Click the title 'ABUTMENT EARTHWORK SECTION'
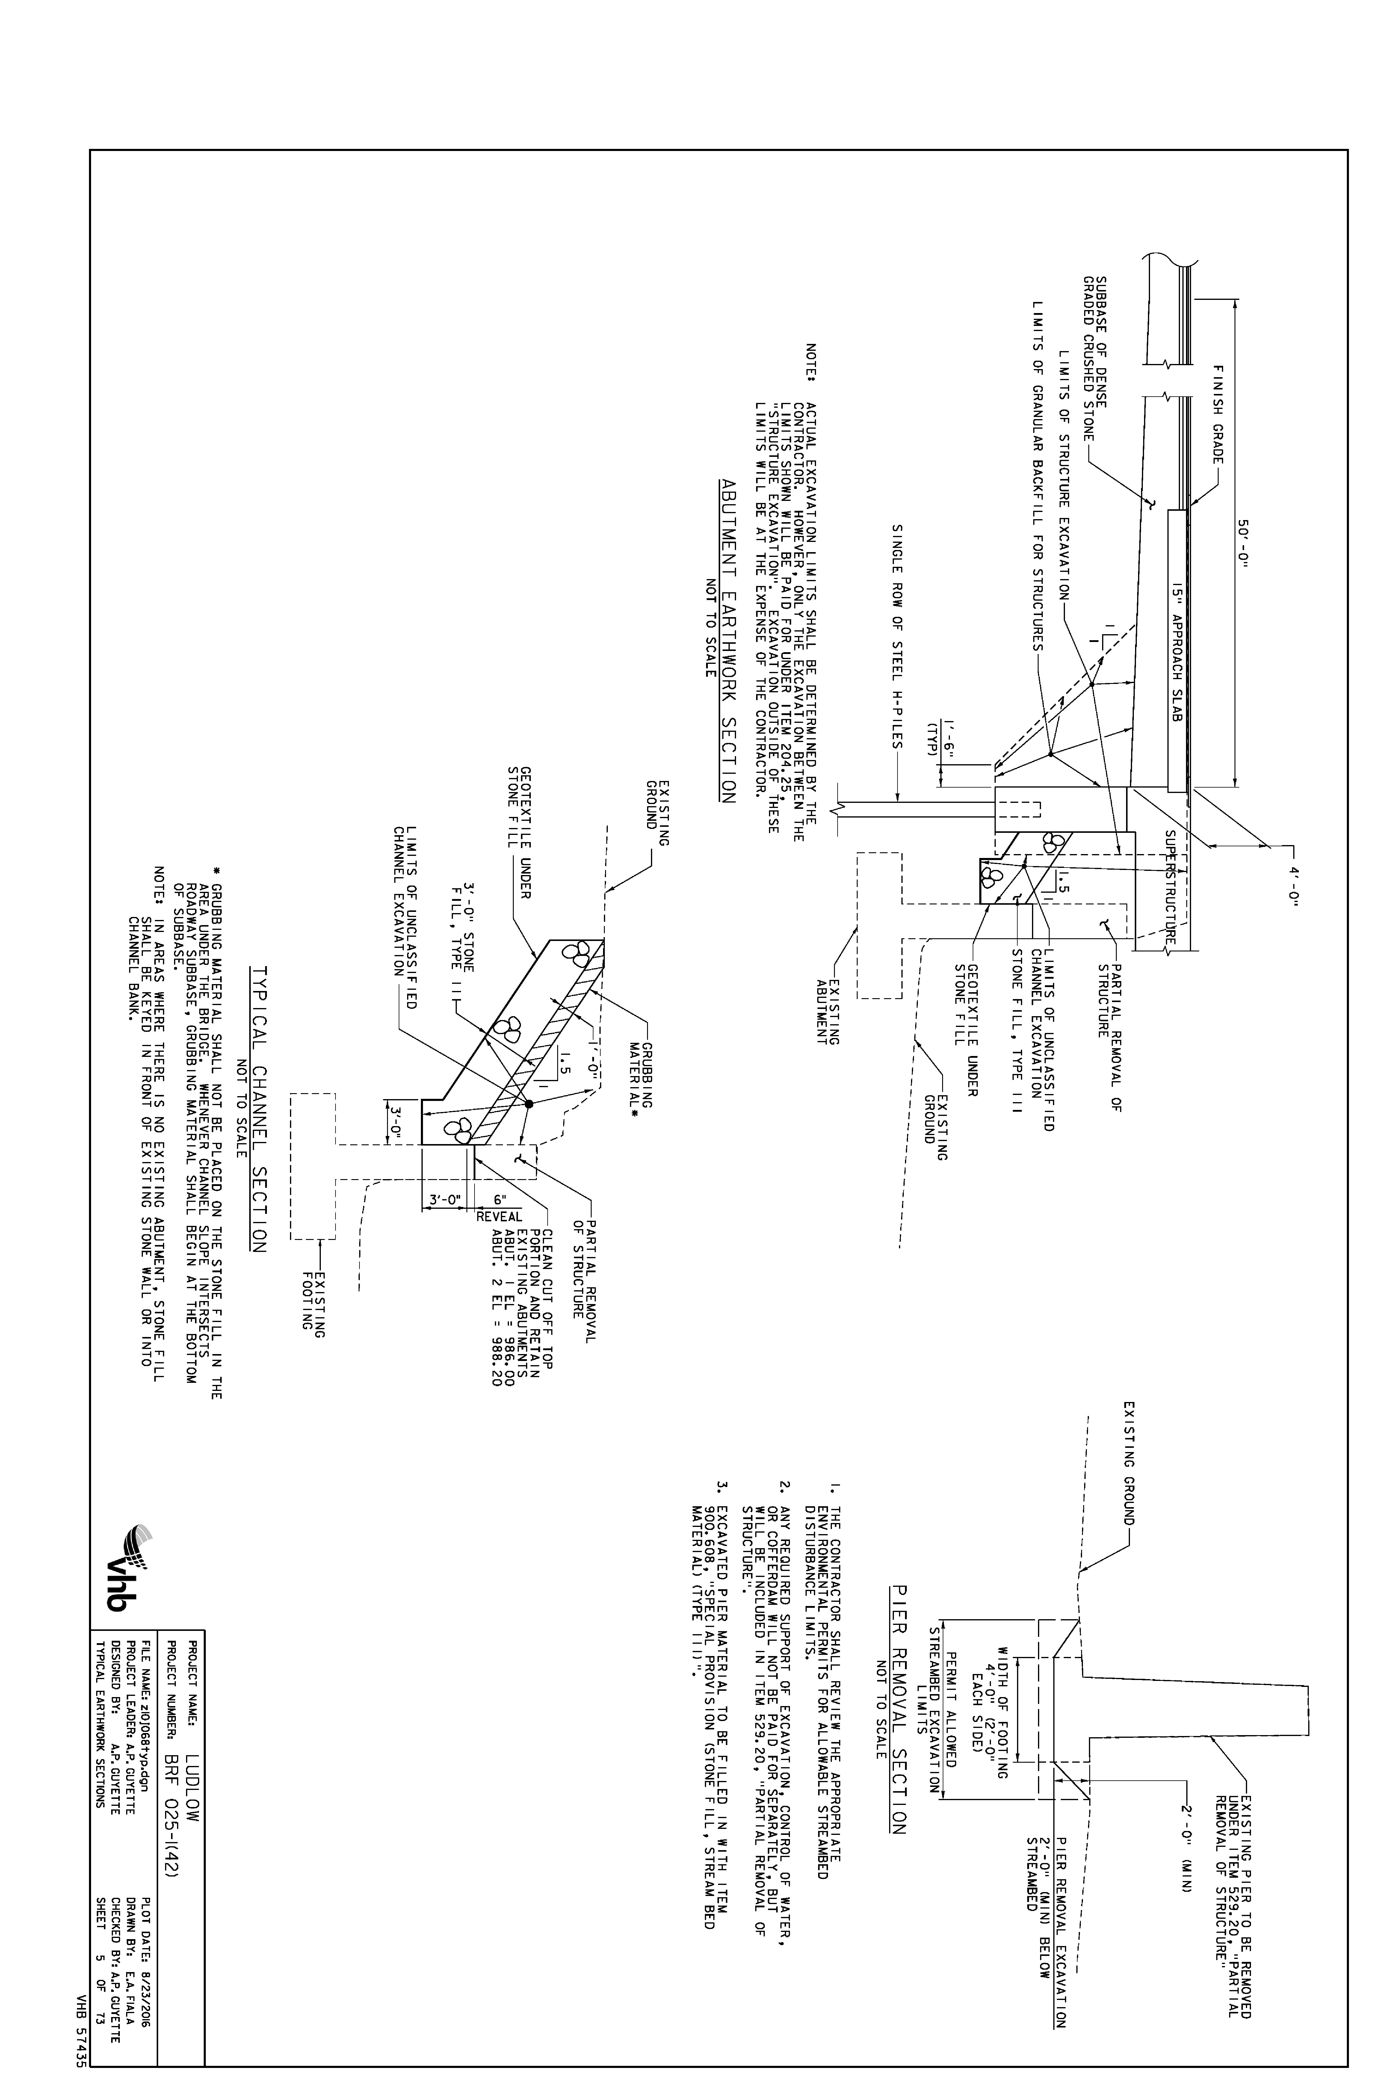728,640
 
